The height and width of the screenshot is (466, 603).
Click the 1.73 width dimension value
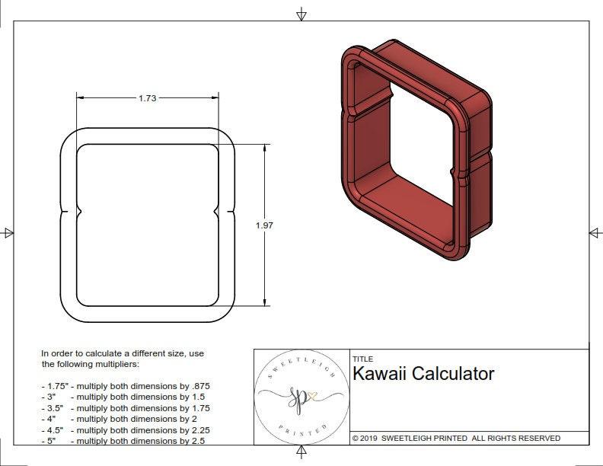click(x=148, y=98)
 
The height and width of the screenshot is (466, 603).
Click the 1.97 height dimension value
click(x=264, y=225)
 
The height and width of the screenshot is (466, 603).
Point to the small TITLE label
click(x=362, y=359)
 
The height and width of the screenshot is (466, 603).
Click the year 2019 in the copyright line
click(x=368, y=439)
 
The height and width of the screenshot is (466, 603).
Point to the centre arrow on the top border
click(x=301, y=14)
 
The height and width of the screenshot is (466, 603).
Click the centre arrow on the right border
click(x=594, y=232)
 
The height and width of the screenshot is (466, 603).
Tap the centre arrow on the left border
click(x=8, y=232)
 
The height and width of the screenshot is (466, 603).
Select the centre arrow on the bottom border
click(x=301, y=452)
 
